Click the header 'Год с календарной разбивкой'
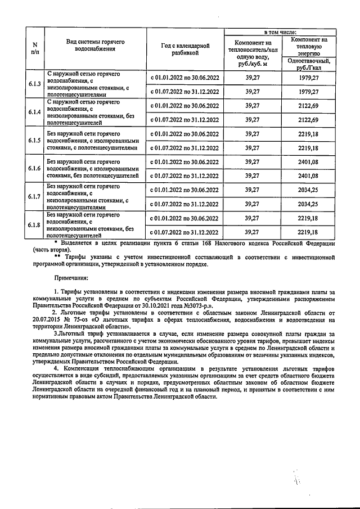click(x=185, y=49)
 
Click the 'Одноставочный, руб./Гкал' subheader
click(x=308, y=64)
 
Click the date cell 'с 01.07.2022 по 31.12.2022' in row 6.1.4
click(x=185, y=119)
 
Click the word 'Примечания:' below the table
click(x=71, y=278)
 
